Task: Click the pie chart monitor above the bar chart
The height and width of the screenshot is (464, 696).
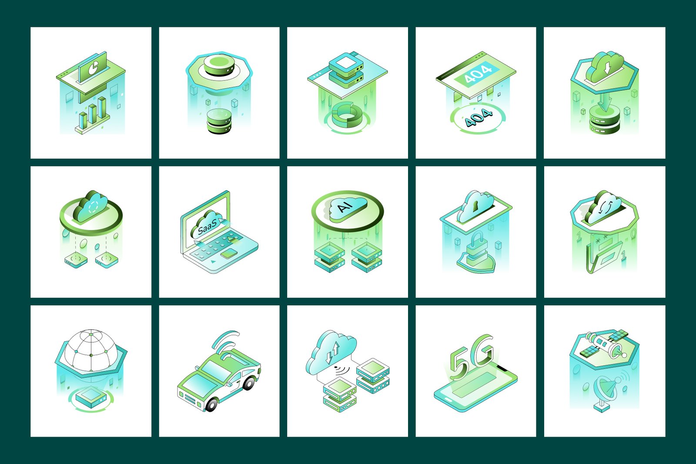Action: [92, 68]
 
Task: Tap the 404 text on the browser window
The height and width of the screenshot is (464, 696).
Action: [478, 72]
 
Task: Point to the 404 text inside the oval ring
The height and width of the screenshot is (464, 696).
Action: [478, 117]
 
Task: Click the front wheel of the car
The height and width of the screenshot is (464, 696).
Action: [211, 404]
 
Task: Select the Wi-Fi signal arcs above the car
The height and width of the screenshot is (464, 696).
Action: [226, 339]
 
